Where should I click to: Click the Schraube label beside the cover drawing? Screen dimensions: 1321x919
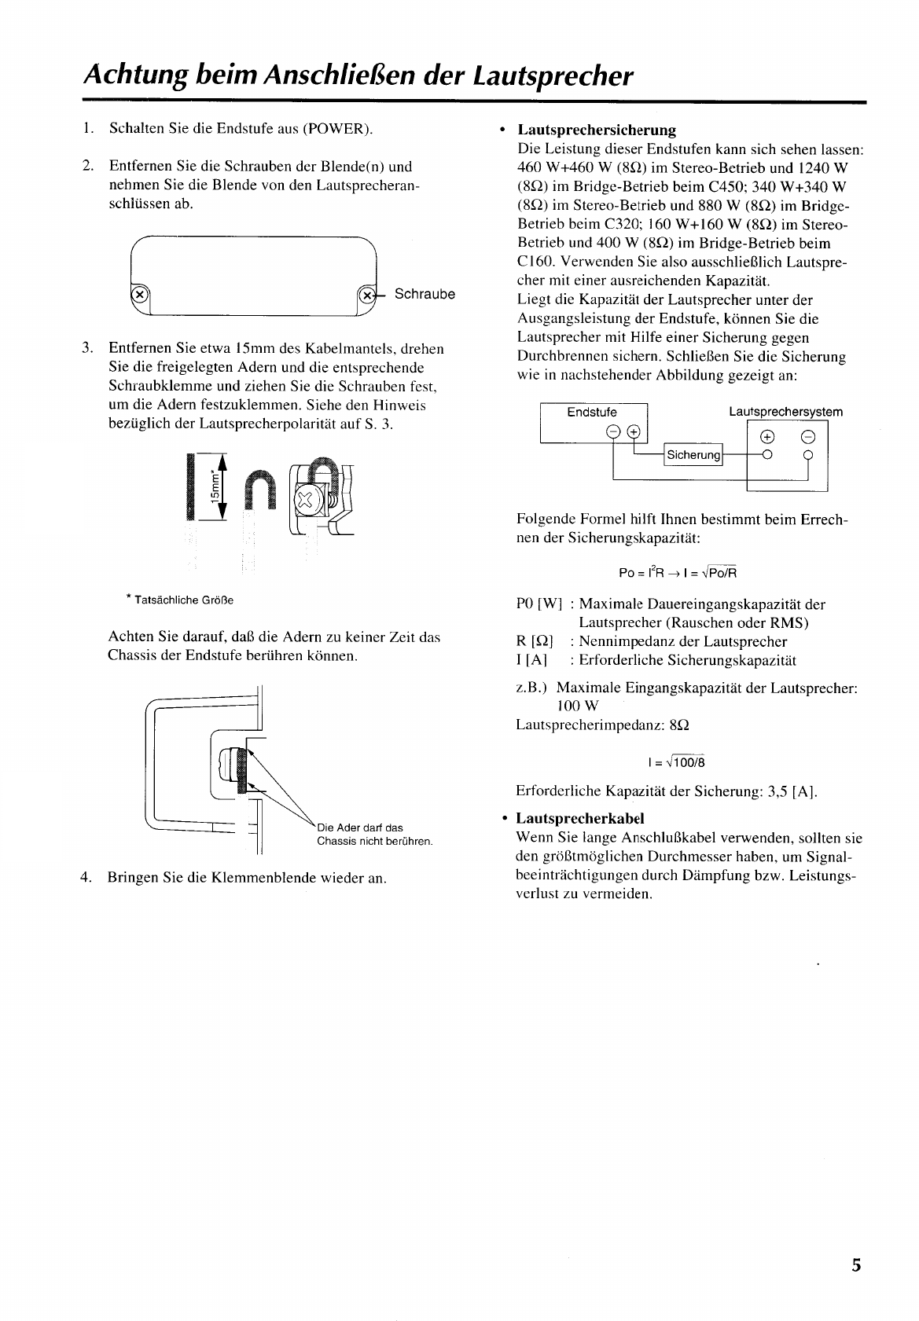[425, 294]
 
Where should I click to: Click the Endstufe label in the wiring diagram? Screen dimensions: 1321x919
[592, 413]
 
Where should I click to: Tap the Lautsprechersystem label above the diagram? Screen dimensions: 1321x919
[785, 412]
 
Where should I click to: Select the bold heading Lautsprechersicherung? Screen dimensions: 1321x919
[596, 130]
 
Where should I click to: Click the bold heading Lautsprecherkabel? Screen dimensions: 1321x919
[580, 818]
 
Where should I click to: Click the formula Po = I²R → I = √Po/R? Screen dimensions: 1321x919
[678, 572]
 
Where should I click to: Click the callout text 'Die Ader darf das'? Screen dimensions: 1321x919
[359, 827]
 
